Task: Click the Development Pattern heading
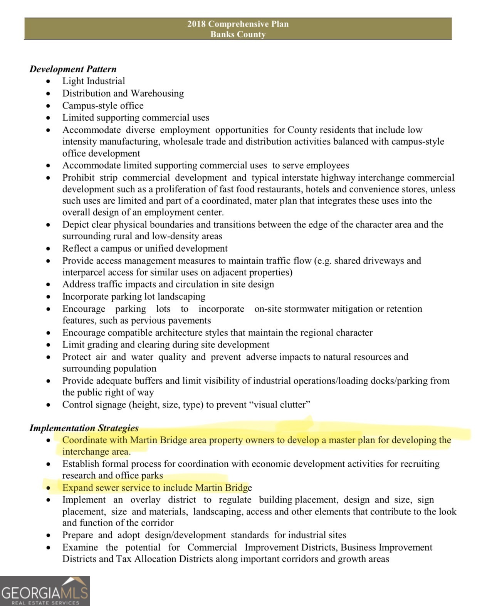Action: click(73, 69)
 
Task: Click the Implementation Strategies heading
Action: click(84, 428)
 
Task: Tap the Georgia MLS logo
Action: click(45, 591)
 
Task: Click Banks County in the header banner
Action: click(238, 34)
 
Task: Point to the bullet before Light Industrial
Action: click(48, 81)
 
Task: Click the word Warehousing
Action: click(157, 93)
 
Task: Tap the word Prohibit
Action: click(78, 177)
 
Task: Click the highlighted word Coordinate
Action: click(84, 440)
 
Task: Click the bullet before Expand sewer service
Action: click(48, 488)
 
